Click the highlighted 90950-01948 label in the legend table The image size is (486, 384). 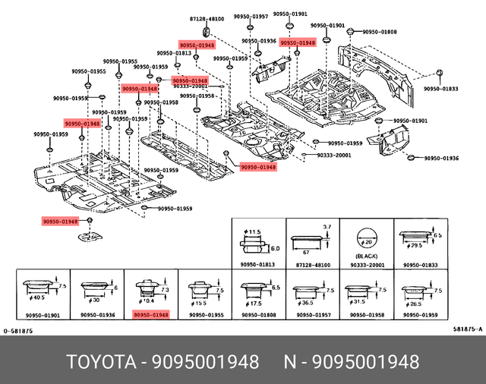coord(150,314)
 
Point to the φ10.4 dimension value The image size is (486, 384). coord(147,301)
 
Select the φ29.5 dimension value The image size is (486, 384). coord(415,246)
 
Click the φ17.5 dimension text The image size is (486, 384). coord(255,301)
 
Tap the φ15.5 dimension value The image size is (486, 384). coord(201,302)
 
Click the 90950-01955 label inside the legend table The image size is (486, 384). coord(205,314)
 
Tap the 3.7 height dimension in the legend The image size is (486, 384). coord(327,225)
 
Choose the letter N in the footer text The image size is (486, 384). coord(289,360)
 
